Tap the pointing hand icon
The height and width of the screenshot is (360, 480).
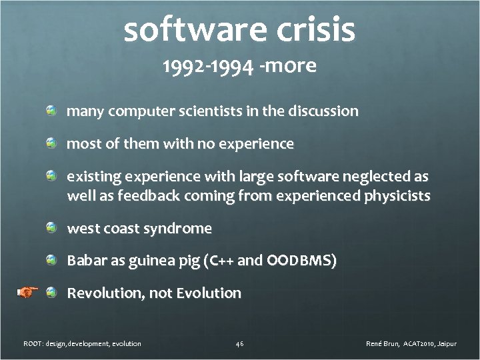tap(27, 292)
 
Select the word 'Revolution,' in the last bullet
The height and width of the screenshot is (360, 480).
tap(105, 293)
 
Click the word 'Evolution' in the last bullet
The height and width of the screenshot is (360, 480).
tap(209, 293)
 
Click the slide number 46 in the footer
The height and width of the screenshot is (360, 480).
tap(240, 344)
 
